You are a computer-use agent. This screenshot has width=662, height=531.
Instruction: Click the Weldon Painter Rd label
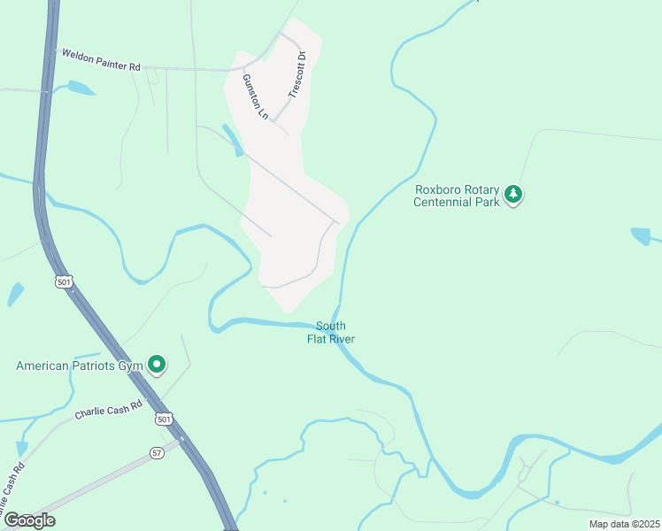click(x=101, y=60)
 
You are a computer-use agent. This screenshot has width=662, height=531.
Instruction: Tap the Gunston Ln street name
click(x=254, y=96)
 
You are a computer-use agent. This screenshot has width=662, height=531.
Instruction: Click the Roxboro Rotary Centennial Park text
click(x=457, y=195)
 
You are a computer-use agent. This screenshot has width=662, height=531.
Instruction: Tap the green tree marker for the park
click(x=513, y=195)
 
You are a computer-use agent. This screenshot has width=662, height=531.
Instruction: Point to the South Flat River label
click(x=330, y=332)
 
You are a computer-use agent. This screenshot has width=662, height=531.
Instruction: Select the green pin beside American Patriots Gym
click(x=157, y=364)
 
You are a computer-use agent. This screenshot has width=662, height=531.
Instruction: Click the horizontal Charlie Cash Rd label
click(x=108, y=410)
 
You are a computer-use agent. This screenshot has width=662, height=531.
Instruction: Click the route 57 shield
click(x=157, y=452)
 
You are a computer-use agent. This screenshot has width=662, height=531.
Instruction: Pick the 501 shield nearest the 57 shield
click(x=161, y=417)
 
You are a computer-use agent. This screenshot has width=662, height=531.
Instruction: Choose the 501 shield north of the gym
click(x=63, y=282)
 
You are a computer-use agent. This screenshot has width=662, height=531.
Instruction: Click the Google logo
click(x=28, y=520)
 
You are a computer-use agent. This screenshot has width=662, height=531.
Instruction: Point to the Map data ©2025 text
click(x=623, y=524)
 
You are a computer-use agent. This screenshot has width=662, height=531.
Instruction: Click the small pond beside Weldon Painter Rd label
click(x=80, y=88)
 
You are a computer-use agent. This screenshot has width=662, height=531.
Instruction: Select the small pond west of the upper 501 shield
click(x=16, y=294)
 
